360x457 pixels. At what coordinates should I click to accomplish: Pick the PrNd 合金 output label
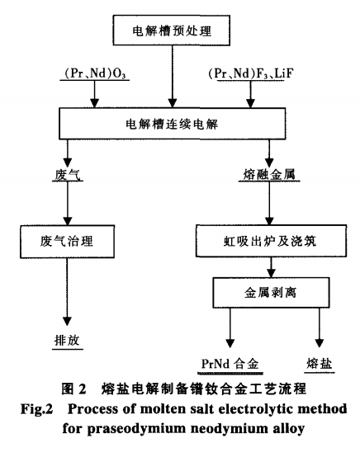click(x=234, y=364)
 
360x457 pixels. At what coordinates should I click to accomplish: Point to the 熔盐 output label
click(x=318, y=364)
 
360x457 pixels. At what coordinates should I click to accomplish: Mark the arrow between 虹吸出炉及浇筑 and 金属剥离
click(x=264, y=268)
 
